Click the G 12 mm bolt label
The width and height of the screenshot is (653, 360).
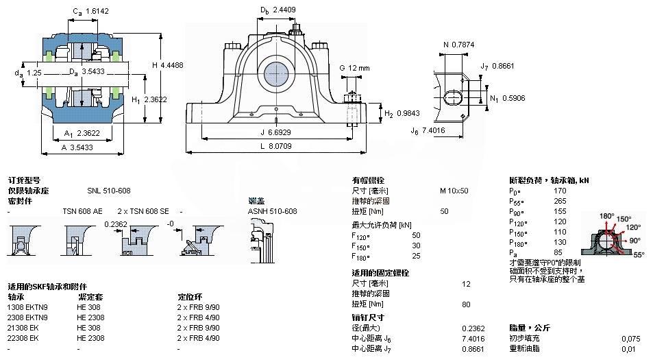(x=354, y=68)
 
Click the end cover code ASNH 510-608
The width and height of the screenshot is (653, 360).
(x=272, y=211)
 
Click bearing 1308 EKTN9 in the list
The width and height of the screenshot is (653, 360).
(x=28, y=307)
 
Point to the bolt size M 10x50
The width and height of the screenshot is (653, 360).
(x=454, y=191)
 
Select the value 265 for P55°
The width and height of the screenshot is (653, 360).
(x=560, y=202)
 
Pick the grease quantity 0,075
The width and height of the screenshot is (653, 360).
(x=630, y=339)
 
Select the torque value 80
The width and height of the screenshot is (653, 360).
(x=466, y=304)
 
